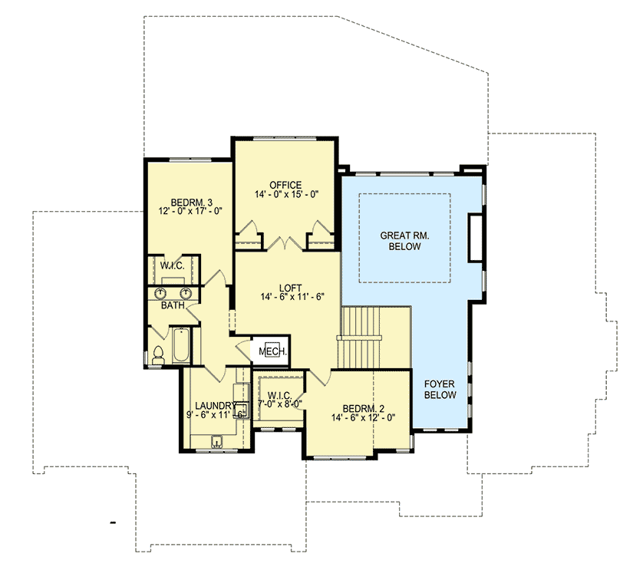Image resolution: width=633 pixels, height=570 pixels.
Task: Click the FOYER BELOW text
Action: point(441,389)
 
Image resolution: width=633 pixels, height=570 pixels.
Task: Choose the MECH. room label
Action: point(272,351)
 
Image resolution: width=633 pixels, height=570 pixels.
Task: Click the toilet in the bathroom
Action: point(159,356)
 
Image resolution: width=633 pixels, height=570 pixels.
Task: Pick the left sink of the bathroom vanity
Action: point(162,293)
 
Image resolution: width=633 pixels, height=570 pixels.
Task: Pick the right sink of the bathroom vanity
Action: point(186,293)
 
